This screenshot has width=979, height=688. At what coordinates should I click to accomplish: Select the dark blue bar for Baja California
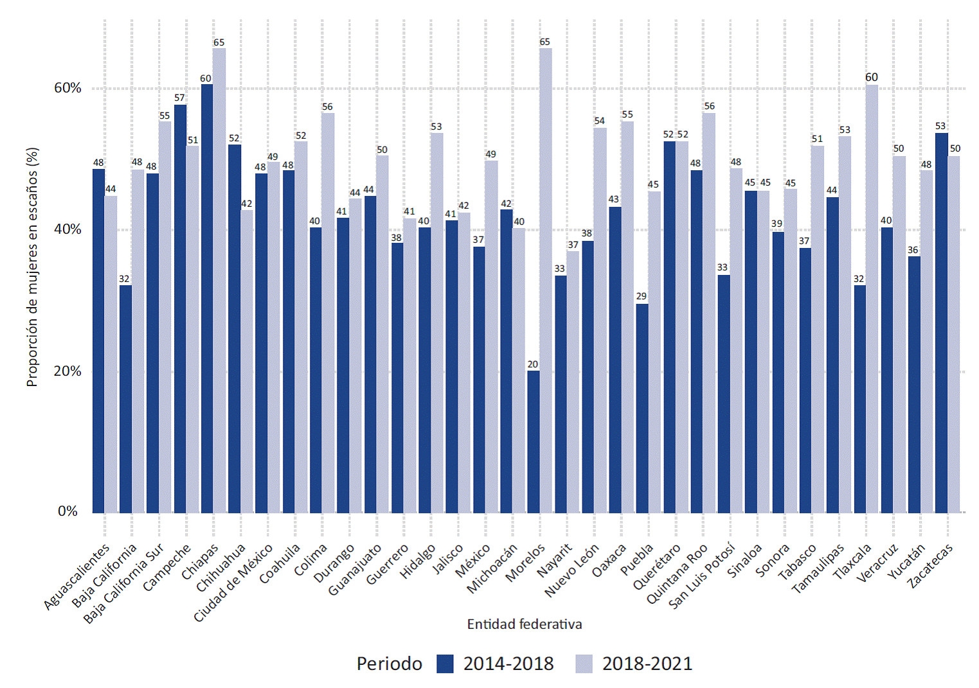[125, 398]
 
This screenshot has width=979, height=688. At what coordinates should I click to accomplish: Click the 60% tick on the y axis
[67, 88]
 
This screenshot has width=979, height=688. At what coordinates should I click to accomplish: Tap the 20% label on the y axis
[67, 371]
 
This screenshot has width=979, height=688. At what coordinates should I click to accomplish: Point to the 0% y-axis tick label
[67, 511]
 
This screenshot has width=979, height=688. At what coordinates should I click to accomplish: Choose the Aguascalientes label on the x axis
[76, 577]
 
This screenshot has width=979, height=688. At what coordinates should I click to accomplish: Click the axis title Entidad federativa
[525, 624]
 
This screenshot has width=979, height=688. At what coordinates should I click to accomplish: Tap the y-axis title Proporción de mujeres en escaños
[32, 267]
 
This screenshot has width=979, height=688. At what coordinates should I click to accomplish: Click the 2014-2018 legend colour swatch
[445, 664]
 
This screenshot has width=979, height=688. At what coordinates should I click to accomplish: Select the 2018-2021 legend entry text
[647, 664]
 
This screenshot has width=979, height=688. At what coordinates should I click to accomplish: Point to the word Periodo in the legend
[390, 664]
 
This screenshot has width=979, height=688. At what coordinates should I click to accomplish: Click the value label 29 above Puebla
[642, 296]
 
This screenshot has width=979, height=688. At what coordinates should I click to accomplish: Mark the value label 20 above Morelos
[533, 364]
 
